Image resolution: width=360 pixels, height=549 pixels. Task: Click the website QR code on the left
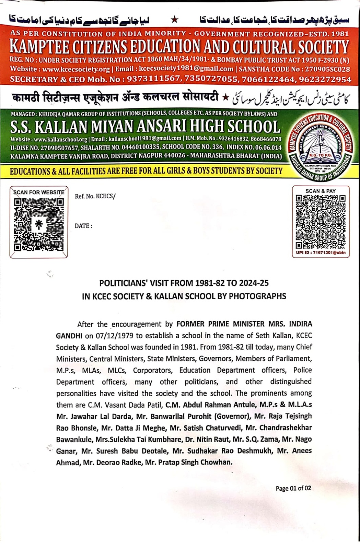39,225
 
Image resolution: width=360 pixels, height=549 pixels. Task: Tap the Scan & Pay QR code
321,222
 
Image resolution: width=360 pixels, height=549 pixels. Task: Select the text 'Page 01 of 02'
293,488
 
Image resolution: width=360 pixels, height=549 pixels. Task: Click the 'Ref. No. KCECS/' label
95,196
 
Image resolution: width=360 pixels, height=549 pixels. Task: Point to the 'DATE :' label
83,226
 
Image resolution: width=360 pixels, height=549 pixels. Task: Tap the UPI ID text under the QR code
321,253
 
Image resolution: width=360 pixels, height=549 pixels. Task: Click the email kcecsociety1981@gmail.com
186,69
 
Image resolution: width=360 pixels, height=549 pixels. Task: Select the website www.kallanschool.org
60,139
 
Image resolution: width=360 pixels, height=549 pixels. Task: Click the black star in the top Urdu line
175,20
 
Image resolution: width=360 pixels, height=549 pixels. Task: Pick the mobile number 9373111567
153,79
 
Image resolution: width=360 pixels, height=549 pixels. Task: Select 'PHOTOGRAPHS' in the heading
257,296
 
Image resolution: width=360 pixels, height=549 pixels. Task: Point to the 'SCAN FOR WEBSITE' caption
39,192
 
